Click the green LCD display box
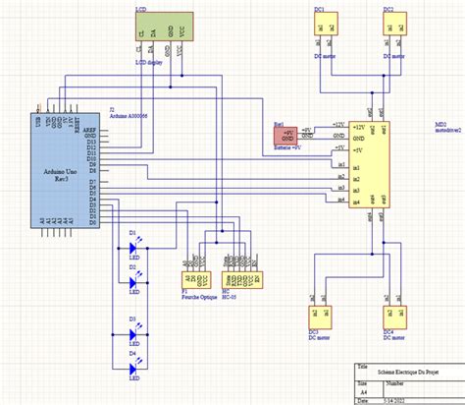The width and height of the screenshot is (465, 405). coord(163,27)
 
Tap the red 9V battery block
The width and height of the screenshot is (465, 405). coord(287,137)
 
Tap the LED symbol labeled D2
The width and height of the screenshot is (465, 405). coord(135,282)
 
